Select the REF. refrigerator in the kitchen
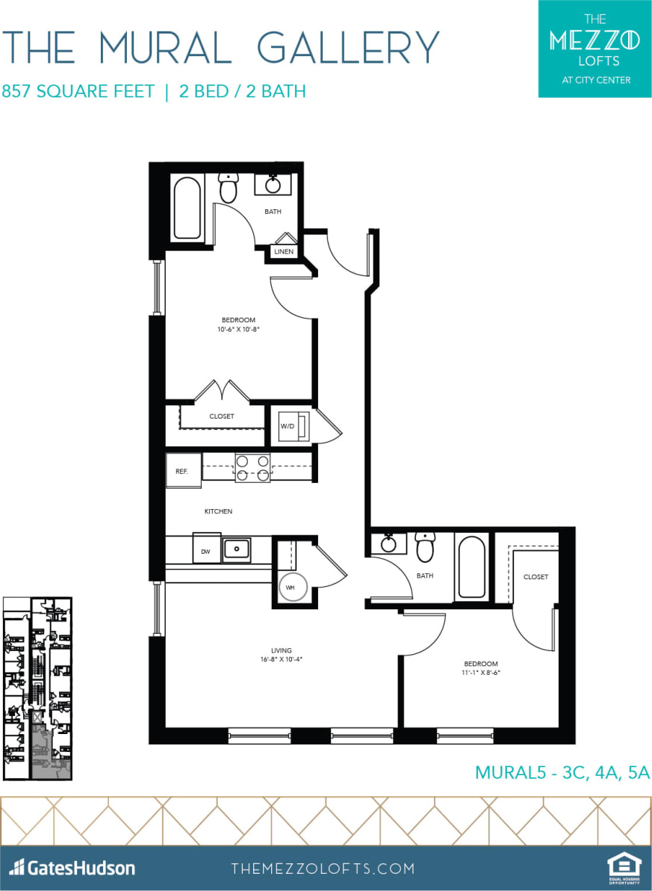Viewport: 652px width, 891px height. [183, 471]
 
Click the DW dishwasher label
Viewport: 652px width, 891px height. [206, 552]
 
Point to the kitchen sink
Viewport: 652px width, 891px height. [237, 549]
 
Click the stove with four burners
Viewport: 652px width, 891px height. [252, 468]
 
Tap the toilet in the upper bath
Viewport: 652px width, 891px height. [228, 188]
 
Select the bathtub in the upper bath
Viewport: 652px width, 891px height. [187, 208]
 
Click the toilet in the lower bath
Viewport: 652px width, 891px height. [425, 548]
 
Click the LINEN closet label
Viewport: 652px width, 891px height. [284, 252]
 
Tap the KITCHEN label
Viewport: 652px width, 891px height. [218, 511]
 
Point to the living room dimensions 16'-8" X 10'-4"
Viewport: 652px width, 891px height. [282, 659]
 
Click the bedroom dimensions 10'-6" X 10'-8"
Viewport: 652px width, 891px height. [239, 328]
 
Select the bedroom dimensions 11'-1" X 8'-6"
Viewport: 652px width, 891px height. [480, 673]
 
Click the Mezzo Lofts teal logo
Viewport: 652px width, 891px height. [594, 49]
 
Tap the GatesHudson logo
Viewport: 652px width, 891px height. [72, 868]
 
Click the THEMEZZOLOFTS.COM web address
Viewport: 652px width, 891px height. [323, 869]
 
